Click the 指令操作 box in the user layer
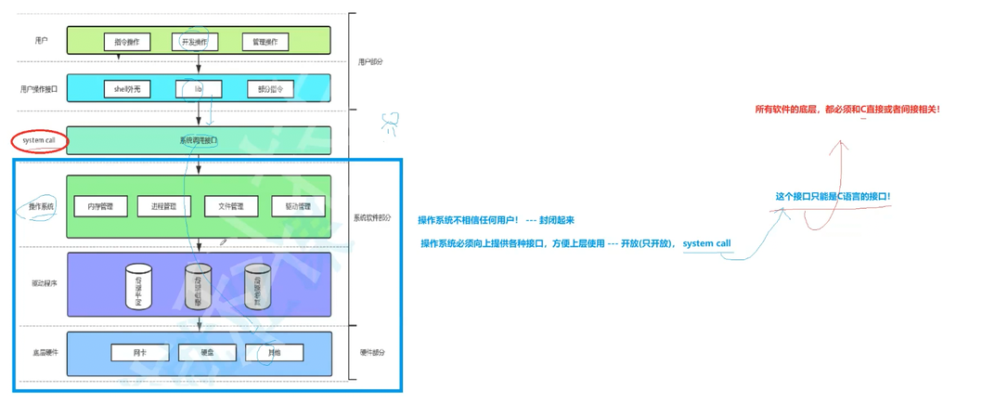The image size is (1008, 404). pos(127,42)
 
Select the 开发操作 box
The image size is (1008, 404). pos(195,42)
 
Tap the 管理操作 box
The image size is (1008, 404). pos(265,42)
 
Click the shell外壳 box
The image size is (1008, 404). pos(127,89)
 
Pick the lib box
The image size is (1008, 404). pos(199,89)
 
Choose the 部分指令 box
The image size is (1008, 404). pos(270,89)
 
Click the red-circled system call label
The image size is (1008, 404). pos(39,140)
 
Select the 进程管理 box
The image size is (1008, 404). pos(157,206)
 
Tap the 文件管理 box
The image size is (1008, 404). pos(230,206)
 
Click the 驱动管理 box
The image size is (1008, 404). pos(298,206)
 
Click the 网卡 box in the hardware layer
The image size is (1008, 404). pos(139,353)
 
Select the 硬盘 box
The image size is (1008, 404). pos(208,353)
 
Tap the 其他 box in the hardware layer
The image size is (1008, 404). pos(275,353)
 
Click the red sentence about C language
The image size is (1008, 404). pos(847,110)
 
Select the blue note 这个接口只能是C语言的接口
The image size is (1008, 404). pos(833,197)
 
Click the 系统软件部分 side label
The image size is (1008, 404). pos(372,218)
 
